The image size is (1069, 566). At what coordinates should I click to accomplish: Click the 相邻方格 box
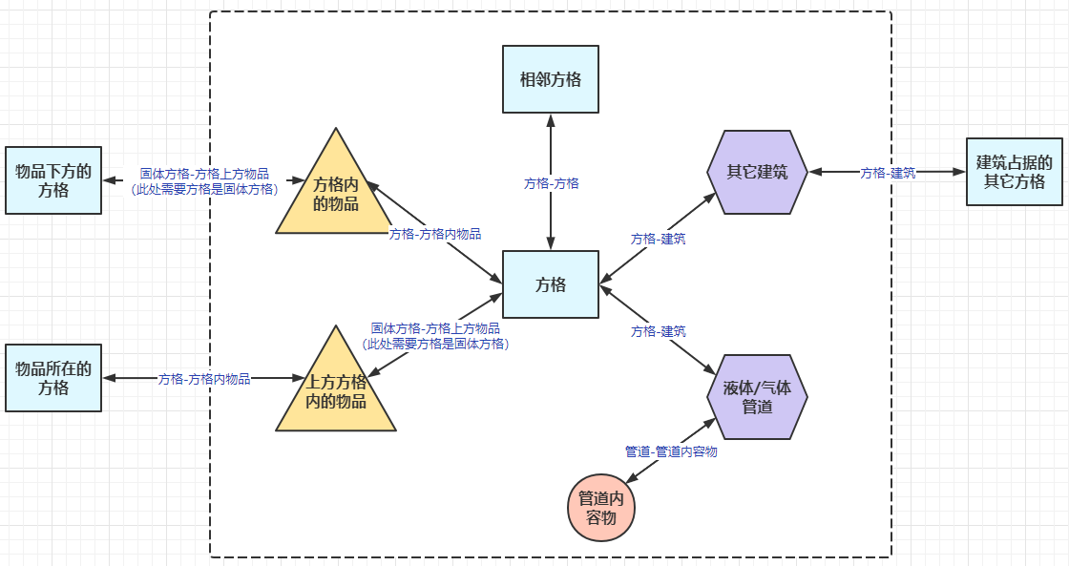[x=550, y=79]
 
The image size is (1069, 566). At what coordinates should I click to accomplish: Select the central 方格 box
[x=550, y=284]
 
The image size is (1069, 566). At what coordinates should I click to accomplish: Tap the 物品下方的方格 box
[x=53, y=180]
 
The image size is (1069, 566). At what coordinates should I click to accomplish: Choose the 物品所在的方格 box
[x=53, y=378]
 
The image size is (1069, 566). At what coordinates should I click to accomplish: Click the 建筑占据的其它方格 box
[x=1015, y=172]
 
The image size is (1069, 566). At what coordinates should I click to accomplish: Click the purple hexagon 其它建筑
[x=758, y=172]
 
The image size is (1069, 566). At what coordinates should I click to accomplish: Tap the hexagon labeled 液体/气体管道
[x=758, y=397]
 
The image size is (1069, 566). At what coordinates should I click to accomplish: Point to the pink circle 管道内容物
[x=600, y=508]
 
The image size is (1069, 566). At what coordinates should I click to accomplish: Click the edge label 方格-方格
[x=551, y=183]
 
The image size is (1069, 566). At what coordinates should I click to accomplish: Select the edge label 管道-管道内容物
[x=671, y=451]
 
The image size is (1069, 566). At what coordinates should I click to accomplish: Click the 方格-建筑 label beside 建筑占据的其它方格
[x=888, y=173]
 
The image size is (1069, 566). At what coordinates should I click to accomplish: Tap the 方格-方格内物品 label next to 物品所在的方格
[x=204, y=379]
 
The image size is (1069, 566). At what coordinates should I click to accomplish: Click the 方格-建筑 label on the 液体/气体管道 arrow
[x=658, y=331]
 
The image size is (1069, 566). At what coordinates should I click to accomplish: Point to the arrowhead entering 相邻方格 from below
[x=550, y=119]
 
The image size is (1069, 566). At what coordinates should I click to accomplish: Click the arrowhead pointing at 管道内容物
[x=632, y=479]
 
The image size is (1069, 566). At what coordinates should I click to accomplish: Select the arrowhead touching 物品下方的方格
[x=109, y=180]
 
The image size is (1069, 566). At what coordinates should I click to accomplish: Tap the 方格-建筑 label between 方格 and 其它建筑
[x=658, y=240]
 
